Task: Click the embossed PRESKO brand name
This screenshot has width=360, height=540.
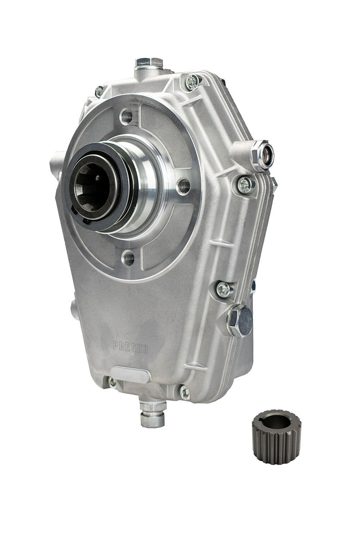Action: tap(130, 347)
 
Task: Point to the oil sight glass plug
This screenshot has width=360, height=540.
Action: tap(262, 155)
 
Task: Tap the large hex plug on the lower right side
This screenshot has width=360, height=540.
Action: tap(240, 320)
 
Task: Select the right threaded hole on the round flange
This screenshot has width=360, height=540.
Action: tap(183, 185)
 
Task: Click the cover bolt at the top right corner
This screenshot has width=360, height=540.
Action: tap(193, 81)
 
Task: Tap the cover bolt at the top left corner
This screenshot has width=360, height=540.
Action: tap(99, 92)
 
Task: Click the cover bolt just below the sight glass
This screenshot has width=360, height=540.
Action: tap(245, 185)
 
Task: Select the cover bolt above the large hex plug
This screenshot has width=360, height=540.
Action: tap(224, 289)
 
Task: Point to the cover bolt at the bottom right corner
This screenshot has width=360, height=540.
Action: tap(184, 392)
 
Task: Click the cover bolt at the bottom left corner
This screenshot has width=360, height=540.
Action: tap(112, 383)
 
